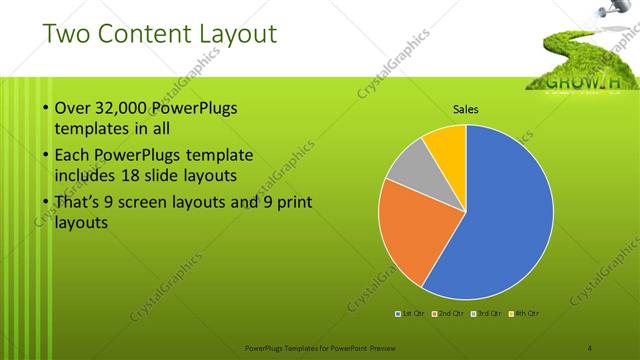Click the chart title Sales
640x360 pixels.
466,109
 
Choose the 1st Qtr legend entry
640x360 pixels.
411,314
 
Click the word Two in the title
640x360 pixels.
65,36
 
